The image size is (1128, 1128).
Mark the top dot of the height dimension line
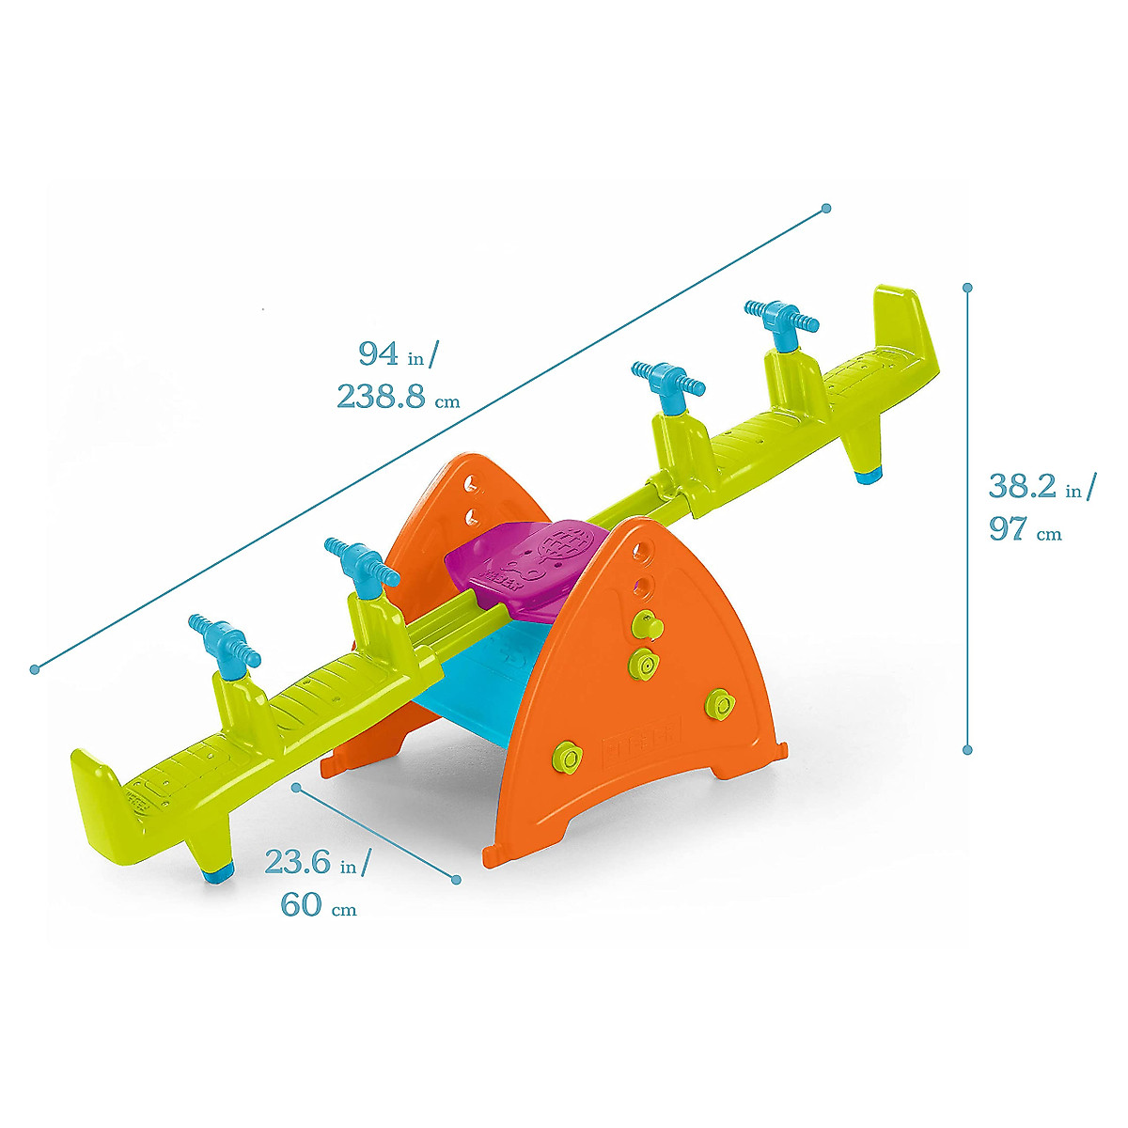(967, 287)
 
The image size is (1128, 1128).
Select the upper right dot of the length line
(826, 208)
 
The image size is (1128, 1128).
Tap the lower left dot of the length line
(35, 669)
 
